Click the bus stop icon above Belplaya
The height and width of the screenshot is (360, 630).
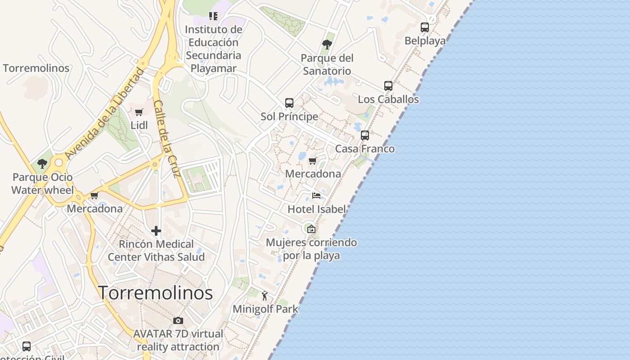pos(425,27)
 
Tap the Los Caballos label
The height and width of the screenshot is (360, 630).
pos(388,99)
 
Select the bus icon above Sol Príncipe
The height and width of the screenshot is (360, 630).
pos(289,103)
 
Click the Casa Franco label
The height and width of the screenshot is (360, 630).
pos(365,149)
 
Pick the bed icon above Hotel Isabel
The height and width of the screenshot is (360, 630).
pos(316,196)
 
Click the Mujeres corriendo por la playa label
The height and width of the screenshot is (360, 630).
pos(311,249)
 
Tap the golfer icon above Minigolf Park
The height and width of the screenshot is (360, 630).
pos(265,296)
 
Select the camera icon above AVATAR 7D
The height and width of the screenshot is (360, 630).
pos(178,320)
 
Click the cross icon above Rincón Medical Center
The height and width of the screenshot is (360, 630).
pos(156,231)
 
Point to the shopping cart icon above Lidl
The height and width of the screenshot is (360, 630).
pos(139,112)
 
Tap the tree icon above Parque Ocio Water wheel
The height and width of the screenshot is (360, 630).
pos(42,164)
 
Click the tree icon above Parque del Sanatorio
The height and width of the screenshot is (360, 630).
pos(327,45)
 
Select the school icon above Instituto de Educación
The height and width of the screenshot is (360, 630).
pos(213,17)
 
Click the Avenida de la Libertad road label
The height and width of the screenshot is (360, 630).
pos(105,113)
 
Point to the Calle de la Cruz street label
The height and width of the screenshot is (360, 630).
pos(166,138)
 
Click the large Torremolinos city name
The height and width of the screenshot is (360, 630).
pos(156,293)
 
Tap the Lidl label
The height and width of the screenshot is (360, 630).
pos(139,125)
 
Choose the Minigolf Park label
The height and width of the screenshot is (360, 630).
pos(265,309)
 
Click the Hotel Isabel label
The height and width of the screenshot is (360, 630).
pos(317,209)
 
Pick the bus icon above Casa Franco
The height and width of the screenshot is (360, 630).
pos(365,135)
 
